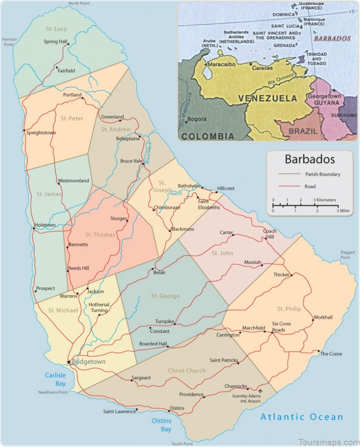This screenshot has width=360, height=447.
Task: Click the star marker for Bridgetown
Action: (x=68, y=362)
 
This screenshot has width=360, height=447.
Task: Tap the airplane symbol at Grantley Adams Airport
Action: (x=260, y=390)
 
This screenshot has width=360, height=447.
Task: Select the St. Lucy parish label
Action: (x=56, y=29)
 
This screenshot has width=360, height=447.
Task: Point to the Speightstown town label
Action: (x=41, y=133)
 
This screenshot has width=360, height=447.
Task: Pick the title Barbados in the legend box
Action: (x=309, y=160)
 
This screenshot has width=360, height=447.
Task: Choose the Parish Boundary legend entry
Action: (x=323, y=174)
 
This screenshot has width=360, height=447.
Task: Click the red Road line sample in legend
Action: (x=289, y=186)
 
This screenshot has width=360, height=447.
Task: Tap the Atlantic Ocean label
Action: (x=302, y=417)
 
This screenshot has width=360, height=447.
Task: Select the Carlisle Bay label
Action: (x=55, y=379)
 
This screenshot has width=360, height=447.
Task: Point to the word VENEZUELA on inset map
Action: (x=267, y=98)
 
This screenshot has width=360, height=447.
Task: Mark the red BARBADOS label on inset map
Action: (x=332, y=39)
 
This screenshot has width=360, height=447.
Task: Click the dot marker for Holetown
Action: (x=34, y=228)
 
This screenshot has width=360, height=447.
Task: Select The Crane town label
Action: (x=331, y=354)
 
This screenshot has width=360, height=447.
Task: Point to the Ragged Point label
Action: (x=347, y=255)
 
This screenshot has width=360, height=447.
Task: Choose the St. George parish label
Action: (x=165, y=296)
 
